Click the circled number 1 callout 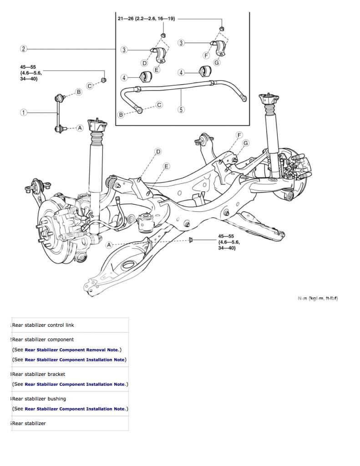[24, 112]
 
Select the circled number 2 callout [24, 49]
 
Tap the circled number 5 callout [181, 109]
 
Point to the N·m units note [318, 298]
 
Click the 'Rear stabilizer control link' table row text [43, 325]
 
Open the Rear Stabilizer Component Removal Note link [71, 349]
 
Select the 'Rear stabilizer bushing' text [39, 399]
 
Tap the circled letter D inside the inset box [144, 63]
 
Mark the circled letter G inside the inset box [217, 62]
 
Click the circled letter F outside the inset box [239, 135]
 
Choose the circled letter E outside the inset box [166, 166]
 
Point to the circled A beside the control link [80, 128]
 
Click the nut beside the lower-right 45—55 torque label [191, 239]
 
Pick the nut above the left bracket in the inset [163, 35]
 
